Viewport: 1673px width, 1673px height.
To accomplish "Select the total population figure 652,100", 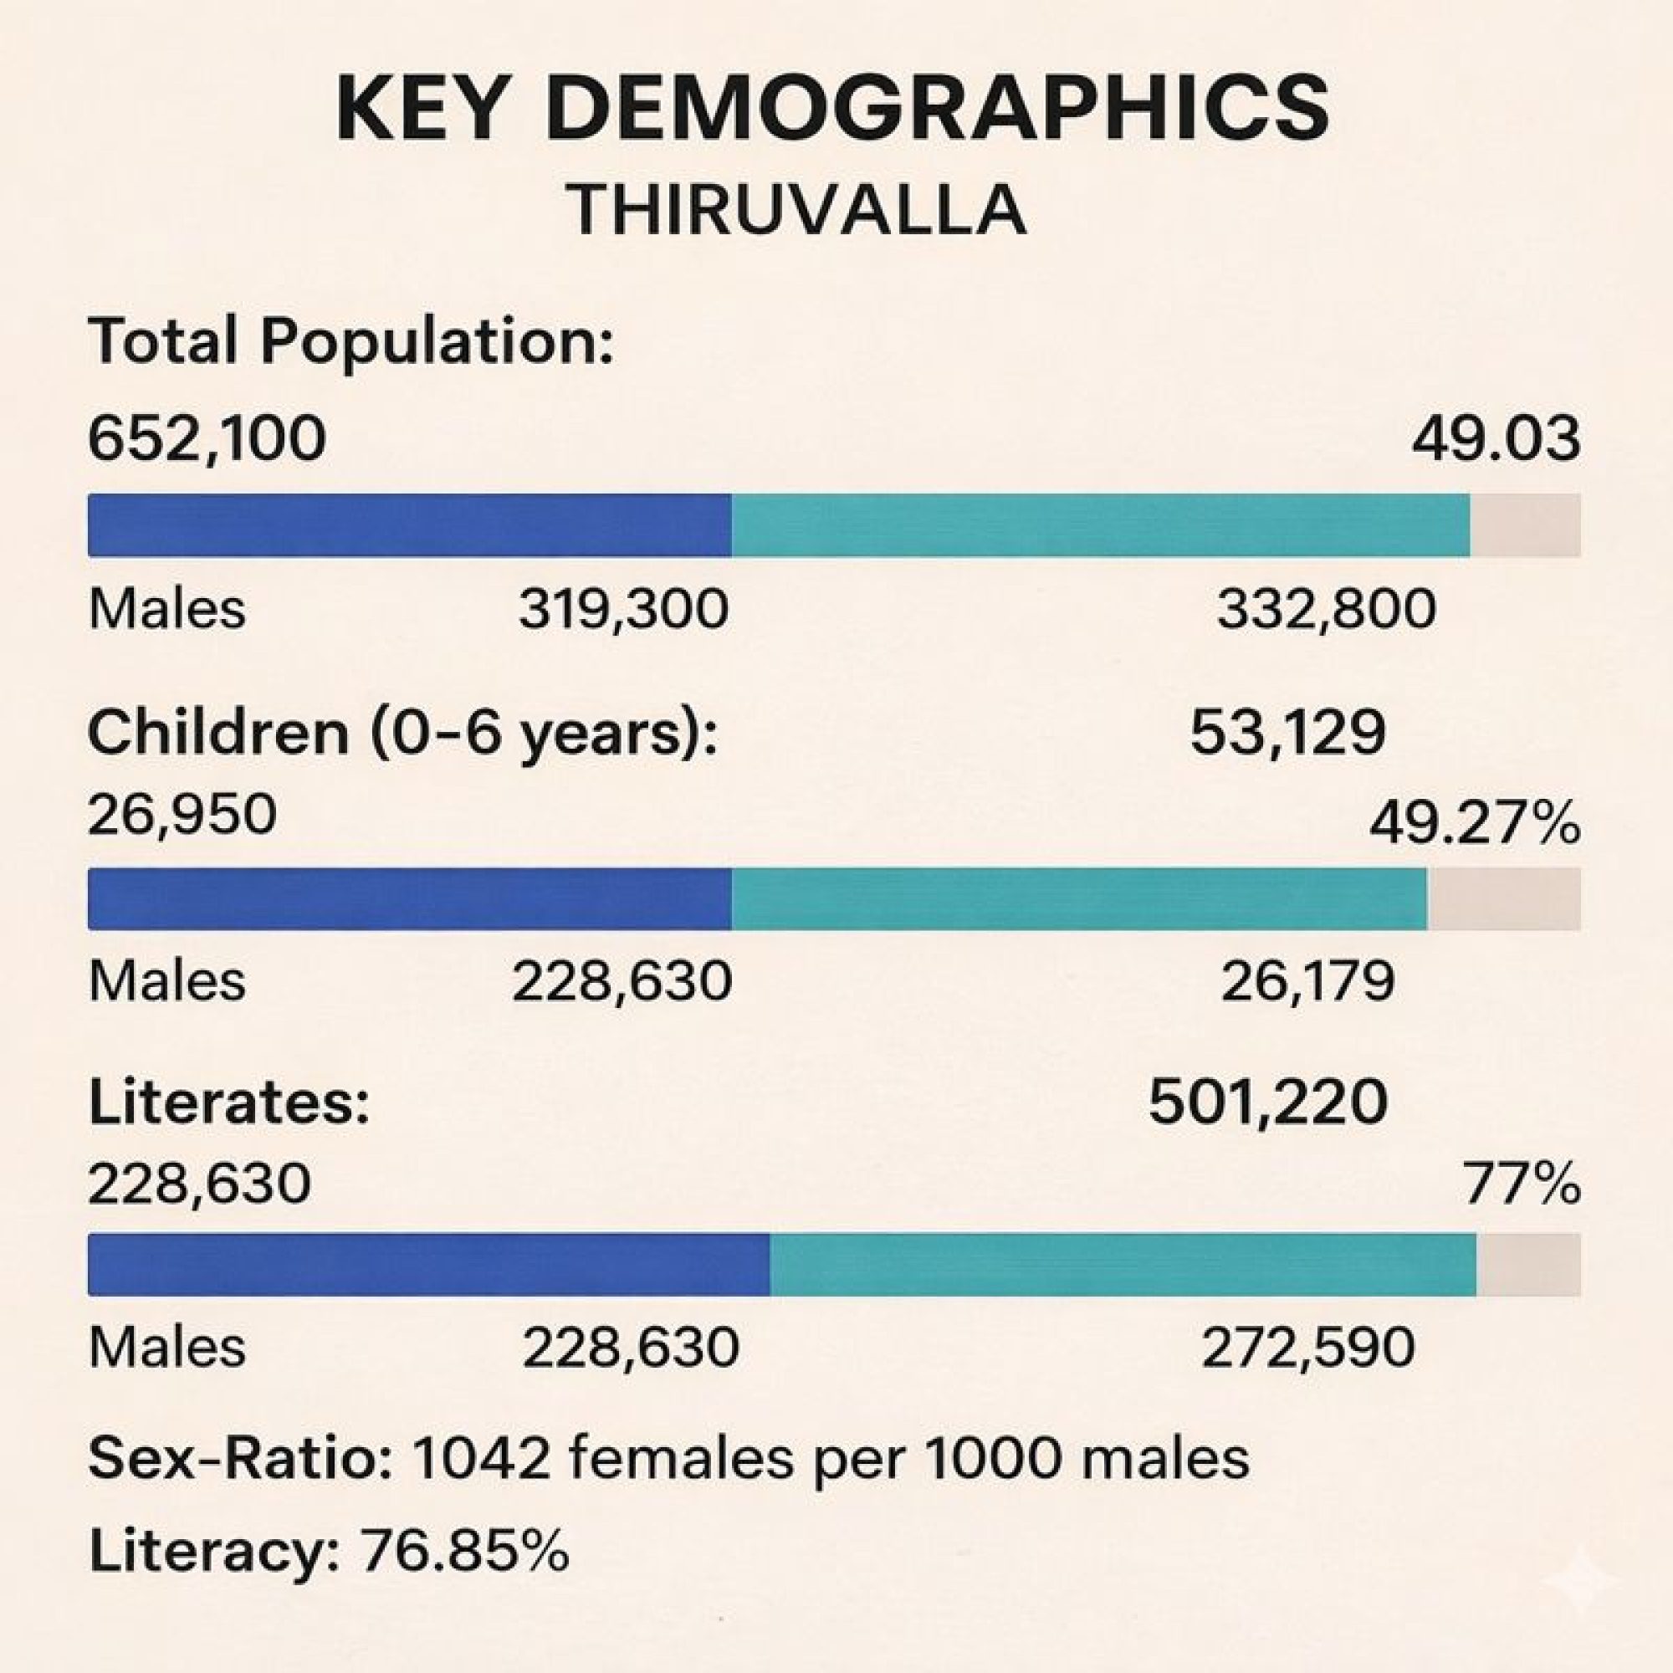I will click(207, 439).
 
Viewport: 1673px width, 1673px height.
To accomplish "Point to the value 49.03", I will click(1495, 439).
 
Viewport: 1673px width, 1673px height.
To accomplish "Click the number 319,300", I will click(623, 609).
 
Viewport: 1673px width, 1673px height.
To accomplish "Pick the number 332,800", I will click(1326, 609).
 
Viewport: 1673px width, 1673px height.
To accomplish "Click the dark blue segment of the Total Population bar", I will click(409, 524).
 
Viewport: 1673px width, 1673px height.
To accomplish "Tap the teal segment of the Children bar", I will click(1078, 899).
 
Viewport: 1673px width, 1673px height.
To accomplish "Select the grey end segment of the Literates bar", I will click(1527, 1265).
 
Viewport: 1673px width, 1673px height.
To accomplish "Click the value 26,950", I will click(182, 814).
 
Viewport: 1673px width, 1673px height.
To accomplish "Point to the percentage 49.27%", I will click(1474, 825).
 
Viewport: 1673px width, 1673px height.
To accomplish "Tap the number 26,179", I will click(1307, 982).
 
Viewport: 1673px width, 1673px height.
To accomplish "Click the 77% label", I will click(1522, 1184).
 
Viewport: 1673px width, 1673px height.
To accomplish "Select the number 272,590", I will click(1307, 1348).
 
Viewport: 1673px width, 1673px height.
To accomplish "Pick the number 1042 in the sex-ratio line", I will click(481, 1458).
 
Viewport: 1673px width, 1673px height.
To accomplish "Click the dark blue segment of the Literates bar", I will click(428, 1265).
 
